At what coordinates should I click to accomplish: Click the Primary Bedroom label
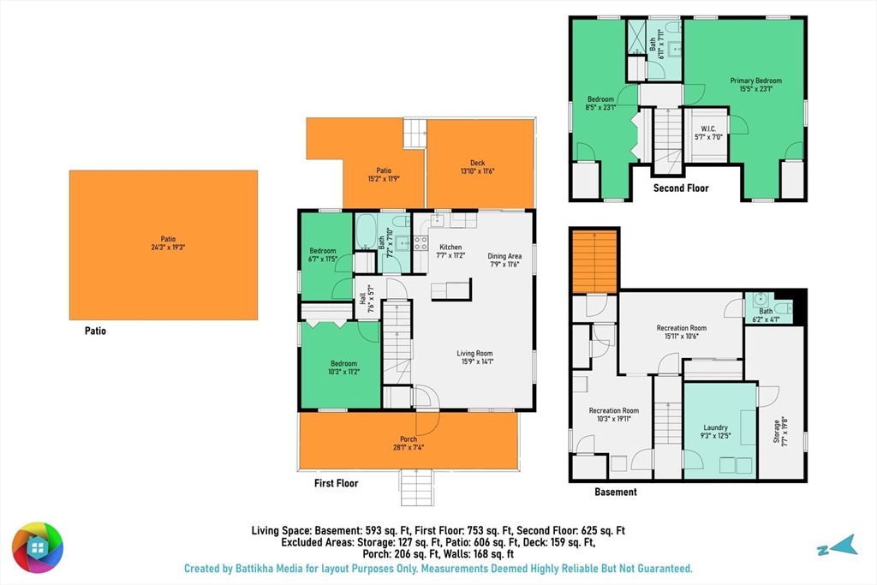(x=755, y=81)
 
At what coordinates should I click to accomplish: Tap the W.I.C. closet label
(x=708, y=128)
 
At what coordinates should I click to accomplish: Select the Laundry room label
(x=715, y=427)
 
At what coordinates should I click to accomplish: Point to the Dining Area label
(x=504, y=256)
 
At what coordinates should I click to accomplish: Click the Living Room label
(x=474, y=353)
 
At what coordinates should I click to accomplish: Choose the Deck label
(x=478, y=163)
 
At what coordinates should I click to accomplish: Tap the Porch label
(x=409, y=439)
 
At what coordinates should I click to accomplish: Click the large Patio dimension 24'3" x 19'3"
(x=168, y=248)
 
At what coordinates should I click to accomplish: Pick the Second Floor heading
(x=681, y=188)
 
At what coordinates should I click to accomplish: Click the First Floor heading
(x=336, y=483)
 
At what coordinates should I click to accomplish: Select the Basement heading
(x=615, y=492)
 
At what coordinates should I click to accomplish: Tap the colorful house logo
(x=38, y=547)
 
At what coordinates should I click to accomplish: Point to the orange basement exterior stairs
(x=594, y=262)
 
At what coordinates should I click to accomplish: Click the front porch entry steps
(x=417, y=487)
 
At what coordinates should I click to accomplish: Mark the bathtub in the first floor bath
(x=367, y=231)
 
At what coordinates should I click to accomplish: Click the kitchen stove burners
(x=421, y=242)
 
